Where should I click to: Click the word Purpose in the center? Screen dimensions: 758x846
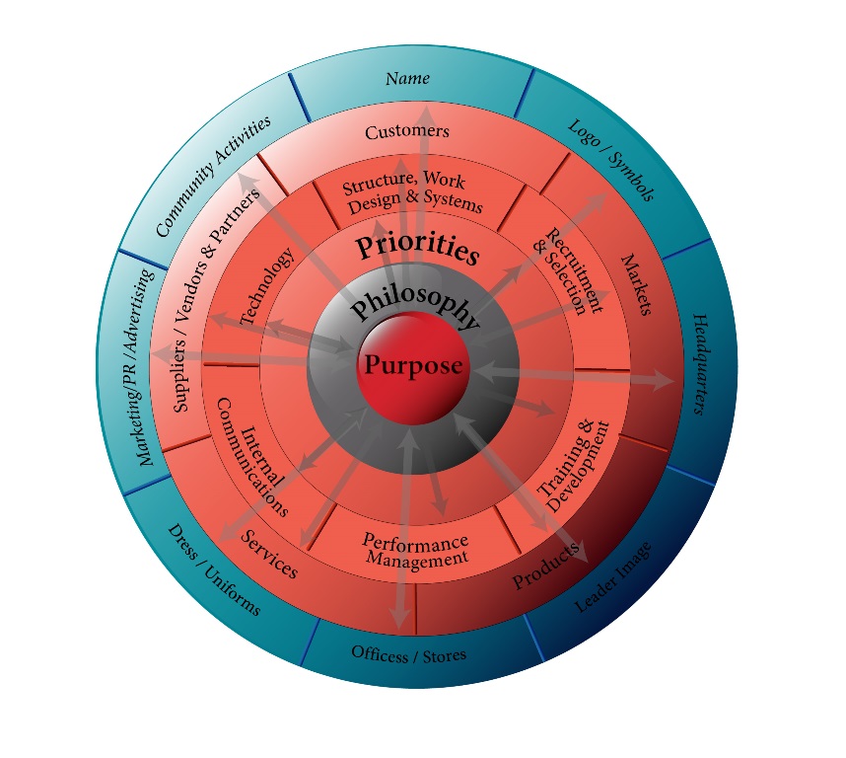(x=413, y=365)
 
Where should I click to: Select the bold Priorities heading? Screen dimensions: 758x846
(x=417, y=248)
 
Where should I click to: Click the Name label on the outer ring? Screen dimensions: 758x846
(x=407, y=78)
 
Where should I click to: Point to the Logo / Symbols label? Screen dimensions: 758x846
(x=611, y=158)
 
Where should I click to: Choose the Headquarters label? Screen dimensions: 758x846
(x=703, y=363)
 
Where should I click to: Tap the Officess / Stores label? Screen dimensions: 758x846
(x=409, y=654)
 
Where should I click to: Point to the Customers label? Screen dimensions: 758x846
(x=407, y=131)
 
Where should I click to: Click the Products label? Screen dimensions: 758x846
(x=545, y=568)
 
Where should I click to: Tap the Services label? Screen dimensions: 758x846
(x=269, y=556)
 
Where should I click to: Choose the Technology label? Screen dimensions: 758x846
(x=266, y=287)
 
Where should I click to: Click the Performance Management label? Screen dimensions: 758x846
(x=415, y=550)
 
